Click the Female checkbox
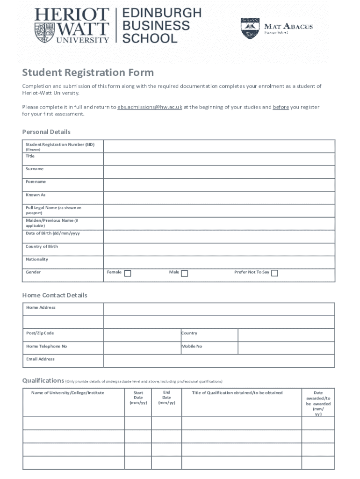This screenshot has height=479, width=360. (x=127, y=274)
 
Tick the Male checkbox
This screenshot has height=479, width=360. (x=185, y=274)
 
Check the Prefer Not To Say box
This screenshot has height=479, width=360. (x=275, y=274)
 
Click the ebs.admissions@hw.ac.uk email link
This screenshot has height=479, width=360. (x=150, y=107)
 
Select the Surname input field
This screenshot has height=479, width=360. (x=219, y=172)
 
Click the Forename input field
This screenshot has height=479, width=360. (x=219, y=185)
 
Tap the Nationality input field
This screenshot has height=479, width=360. (x=219, y=262)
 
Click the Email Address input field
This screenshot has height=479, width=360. (x=219, y=361)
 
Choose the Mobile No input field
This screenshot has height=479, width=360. (x=286, y=348)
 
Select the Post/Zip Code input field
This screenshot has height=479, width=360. (x=142, y=335)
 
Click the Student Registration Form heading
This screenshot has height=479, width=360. (x=88, y=73)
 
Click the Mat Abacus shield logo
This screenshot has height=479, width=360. (x=250, y=29)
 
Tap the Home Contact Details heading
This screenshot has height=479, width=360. (x=55, y=295)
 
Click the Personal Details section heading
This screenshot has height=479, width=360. (x=46, y=132)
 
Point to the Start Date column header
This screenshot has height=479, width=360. (x=138, y=398)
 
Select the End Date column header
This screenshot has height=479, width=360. (x=166, y=398)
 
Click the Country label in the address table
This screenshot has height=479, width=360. (x=189, y=334)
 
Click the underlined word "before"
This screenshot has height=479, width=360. (x=281, y=107)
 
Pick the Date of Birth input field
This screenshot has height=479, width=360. (x=219, y=237)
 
